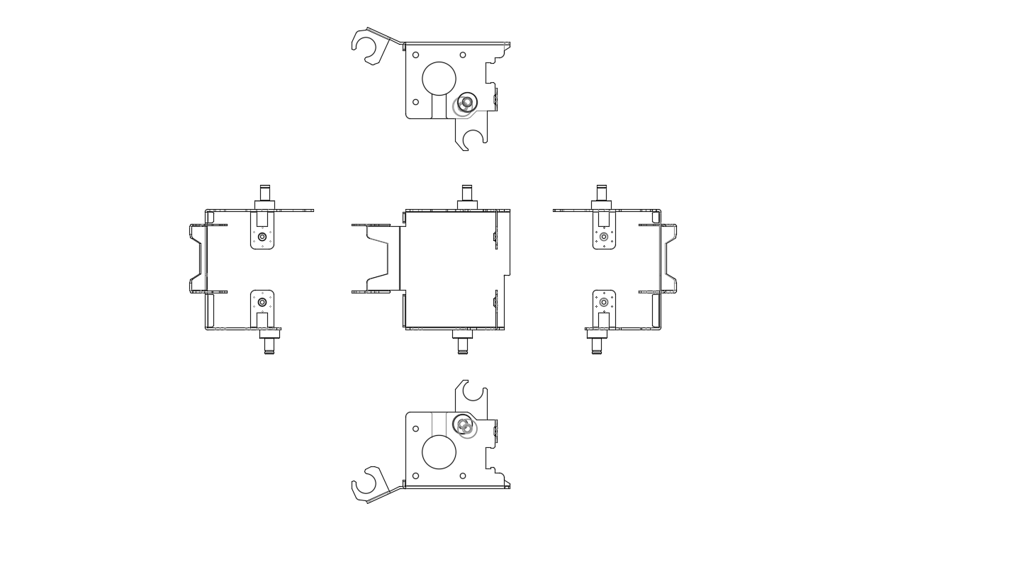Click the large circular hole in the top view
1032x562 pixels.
click(439, 79)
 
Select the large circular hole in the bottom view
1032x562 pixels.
click(439, 452)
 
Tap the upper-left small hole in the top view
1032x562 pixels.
click(415, 55)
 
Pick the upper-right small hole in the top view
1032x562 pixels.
click(463, 55)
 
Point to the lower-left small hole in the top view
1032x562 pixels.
click(415, 102)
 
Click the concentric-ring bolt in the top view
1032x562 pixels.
click(466, 103)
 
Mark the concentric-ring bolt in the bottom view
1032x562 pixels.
click(464, 425)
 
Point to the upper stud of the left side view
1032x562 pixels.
click(265, 193)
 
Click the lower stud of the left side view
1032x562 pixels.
click(269, 345)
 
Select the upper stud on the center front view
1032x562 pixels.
click(467, 193)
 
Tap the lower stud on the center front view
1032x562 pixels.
click(463, 345)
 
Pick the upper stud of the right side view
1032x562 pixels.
click(602, 193)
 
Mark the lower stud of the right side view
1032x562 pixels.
click(597, 345)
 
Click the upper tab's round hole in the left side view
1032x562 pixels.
click(262, 237)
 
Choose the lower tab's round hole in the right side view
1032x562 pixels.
click(604, 302)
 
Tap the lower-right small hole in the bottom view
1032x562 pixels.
click(463, 476)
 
